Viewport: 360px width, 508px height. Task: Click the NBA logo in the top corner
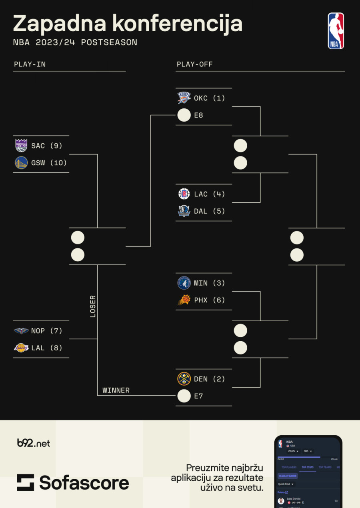point(336,31)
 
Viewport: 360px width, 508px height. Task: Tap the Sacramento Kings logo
point(21,146)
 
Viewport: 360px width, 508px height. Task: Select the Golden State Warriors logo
point(21,163)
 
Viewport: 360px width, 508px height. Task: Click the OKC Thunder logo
point(184,98)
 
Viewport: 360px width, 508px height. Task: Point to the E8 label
point(198,115)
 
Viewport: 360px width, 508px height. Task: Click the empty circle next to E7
point(184,396)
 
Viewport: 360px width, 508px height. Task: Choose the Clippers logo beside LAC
point(184,194)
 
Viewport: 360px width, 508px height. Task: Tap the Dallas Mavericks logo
point(184,211)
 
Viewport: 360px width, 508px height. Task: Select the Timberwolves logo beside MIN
point(184,283)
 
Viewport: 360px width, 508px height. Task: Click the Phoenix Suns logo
point(184,300)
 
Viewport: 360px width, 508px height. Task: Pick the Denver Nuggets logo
point(184,379)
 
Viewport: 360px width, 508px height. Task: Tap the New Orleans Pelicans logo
point(21,331)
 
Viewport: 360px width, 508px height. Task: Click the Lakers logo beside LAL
point(21,348)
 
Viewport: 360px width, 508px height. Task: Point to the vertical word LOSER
point(93,306)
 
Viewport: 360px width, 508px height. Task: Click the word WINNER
point(116,390)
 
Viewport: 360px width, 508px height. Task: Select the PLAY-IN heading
point(30,64)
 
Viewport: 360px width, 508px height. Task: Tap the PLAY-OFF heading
point(195,64)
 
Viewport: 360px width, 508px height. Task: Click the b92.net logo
point(34,443)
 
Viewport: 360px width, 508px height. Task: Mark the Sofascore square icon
point(25,482)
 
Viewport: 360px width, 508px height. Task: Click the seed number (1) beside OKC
point(219,98)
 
